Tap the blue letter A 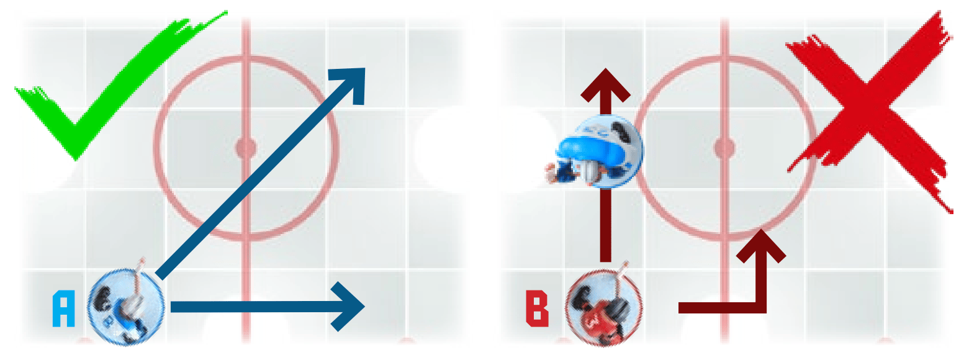click(63, 308)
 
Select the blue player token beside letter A click(125, 307)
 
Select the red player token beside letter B click(604, 307)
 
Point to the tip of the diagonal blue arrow click(364, 68)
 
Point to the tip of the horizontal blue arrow click(364, 307)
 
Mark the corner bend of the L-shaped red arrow click(761, 308)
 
